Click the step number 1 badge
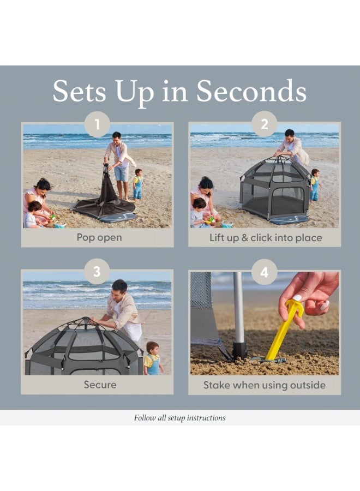[97, 124]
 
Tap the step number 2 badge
[265, 124]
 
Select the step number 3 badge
[97, 272]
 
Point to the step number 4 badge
[265, 272]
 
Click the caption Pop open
[99, 238]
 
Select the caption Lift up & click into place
[266, 238]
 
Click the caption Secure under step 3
[100, 385]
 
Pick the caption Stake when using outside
[265, 385]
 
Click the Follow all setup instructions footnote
[179, 418]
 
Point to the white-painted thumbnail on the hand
[297, 297]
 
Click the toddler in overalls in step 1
[138, 184]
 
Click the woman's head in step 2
[206, 184]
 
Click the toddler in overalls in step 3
[153, 358]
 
